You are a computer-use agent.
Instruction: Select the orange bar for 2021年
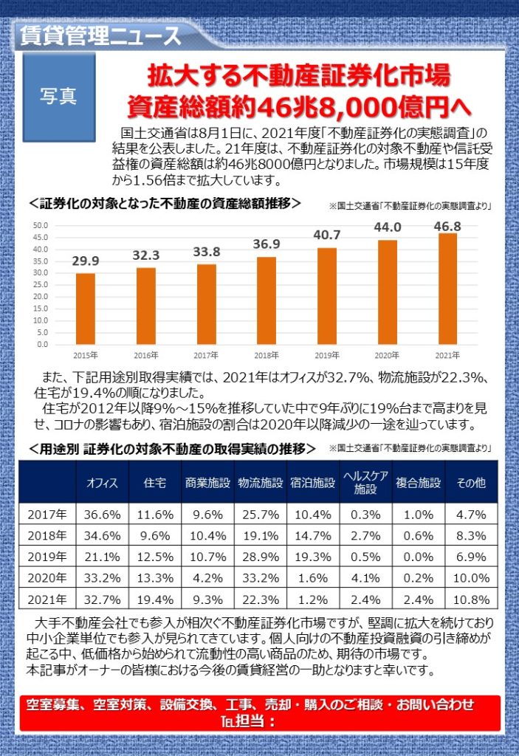point(447,289)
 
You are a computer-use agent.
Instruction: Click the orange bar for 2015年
point(86,309)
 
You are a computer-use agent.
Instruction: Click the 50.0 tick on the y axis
point(41,226)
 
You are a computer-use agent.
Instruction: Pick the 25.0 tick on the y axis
point(41,285)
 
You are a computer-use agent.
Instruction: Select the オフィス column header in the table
point(103,483)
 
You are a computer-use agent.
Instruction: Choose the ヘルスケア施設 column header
point(365,483)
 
